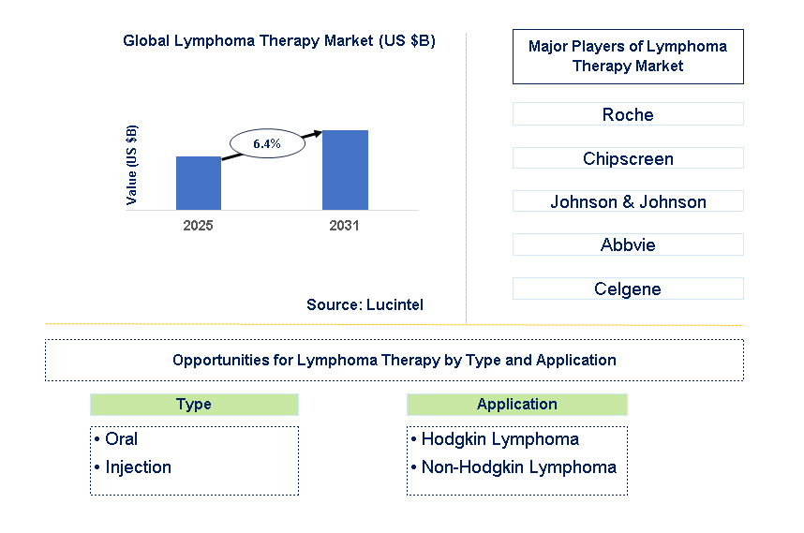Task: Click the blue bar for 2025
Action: (x=199, y=183)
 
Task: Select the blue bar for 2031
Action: (x=345, y=170)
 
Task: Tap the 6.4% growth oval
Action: (x=267, y=143)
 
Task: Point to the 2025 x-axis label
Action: (x=199, y=226)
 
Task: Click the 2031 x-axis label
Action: (x=345, y=226)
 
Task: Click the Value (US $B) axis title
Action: (x=132, y=165)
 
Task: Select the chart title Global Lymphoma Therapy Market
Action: (x=278, y=41)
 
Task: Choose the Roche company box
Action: (x=628, y=114)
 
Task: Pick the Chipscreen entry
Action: (x=628, y=158)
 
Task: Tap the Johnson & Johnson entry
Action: (x=628, y=201)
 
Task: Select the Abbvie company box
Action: (x=628, y=244)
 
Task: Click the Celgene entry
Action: (x=628, y=289)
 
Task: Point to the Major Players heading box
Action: (x=628, y=56)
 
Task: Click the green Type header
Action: (x=194, y=405)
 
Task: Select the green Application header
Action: (x=516, y=405)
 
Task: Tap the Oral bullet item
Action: (x=121, y=439)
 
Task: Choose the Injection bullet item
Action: (x=138, y=467)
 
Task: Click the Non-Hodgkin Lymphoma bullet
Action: (x=518, y=467)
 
